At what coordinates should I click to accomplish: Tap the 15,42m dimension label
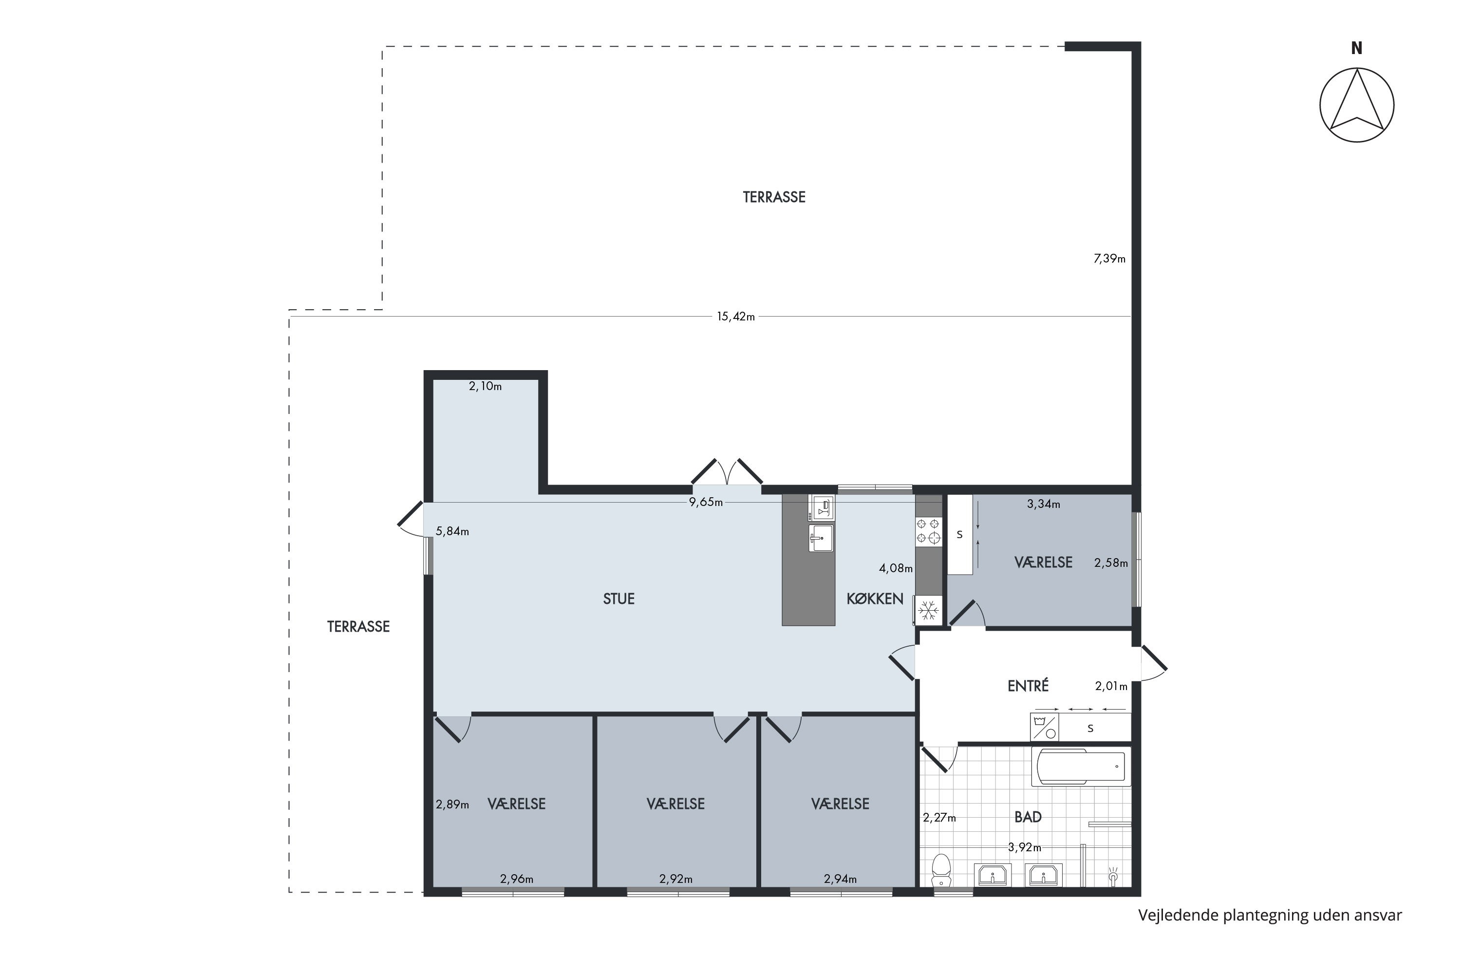[x=736, y=317]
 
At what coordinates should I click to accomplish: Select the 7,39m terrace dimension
[x=1109, y=259]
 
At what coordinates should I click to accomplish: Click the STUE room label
[x=618, y=599]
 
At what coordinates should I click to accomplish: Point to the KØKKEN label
[x=875, y=599]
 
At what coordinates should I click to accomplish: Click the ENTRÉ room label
[x=1028, y=686]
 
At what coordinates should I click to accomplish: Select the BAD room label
[x=1028, y=817]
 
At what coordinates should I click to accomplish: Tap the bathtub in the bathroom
[x=1081, y=767]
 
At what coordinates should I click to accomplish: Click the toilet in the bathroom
[x=942, y=870]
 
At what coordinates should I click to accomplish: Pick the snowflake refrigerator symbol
[x=928, y=611]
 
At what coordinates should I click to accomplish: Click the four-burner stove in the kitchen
[x=928, y=531]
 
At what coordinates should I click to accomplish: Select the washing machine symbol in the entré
[x=1045, y=727]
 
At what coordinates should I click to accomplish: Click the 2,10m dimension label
[x=485, y=386]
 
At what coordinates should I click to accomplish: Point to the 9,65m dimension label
[x=706, y=503]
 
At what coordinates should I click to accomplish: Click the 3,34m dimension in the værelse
[x=1044, y=505]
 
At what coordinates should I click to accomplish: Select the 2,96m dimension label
[x=517, y=879]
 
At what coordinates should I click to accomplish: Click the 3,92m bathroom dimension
[x=1024, y=847]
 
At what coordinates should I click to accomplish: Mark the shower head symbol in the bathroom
[x=1113, y=875]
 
